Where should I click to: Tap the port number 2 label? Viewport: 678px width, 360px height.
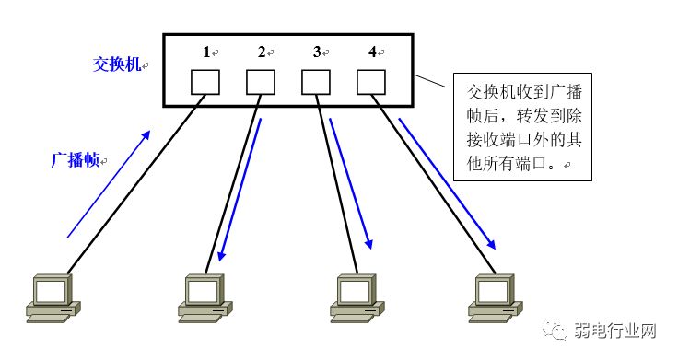click(262, 52)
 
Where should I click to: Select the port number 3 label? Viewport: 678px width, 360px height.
click(316, 52)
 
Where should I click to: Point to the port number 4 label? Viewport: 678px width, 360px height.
click(372, 52)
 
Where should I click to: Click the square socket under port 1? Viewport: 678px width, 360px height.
click(205, 84)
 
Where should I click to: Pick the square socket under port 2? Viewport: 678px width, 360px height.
click(261, 84)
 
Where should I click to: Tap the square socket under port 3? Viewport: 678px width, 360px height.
click(316, 84)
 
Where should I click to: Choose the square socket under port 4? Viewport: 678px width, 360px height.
click(371, 84)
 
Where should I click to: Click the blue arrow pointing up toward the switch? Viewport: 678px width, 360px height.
click(108, 184)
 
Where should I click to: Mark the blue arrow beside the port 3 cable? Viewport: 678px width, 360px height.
click(351, 184)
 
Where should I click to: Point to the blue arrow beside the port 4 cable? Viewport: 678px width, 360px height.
click(446, 184)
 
